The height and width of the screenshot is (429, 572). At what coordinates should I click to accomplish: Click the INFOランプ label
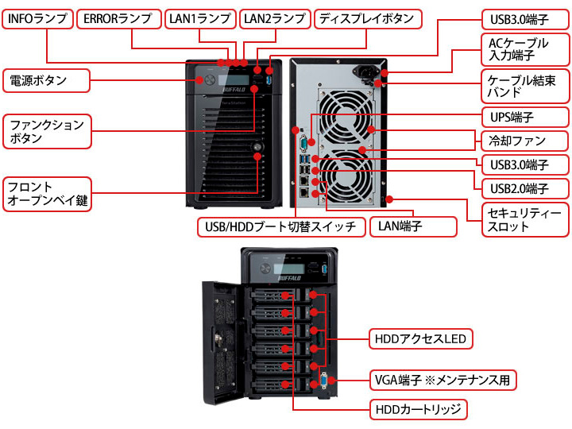coord(37,18)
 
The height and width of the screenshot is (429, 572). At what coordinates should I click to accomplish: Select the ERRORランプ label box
coord(120,18)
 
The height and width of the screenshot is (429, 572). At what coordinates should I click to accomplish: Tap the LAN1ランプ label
coord(201,18)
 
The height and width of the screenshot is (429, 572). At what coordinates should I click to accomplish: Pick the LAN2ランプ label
coord(274,18)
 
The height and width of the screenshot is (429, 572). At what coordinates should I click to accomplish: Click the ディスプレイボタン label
coord(366,18)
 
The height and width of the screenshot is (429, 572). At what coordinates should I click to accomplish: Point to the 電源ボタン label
coord(46,80)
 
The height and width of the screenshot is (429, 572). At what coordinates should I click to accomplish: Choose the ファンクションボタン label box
coord(46,131)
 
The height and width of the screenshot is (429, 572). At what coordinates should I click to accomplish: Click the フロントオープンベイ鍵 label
coord(46,194)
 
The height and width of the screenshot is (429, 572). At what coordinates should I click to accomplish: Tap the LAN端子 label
coord(413,226)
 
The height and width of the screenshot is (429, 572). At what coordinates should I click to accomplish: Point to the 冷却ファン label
coord(525,141)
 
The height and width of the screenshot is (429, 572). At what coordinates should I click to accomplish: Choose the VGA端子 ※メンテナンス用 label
coord(443,380)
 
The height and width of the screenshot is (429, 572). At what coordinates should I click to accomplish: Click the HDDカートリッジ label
coord(419,410)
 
